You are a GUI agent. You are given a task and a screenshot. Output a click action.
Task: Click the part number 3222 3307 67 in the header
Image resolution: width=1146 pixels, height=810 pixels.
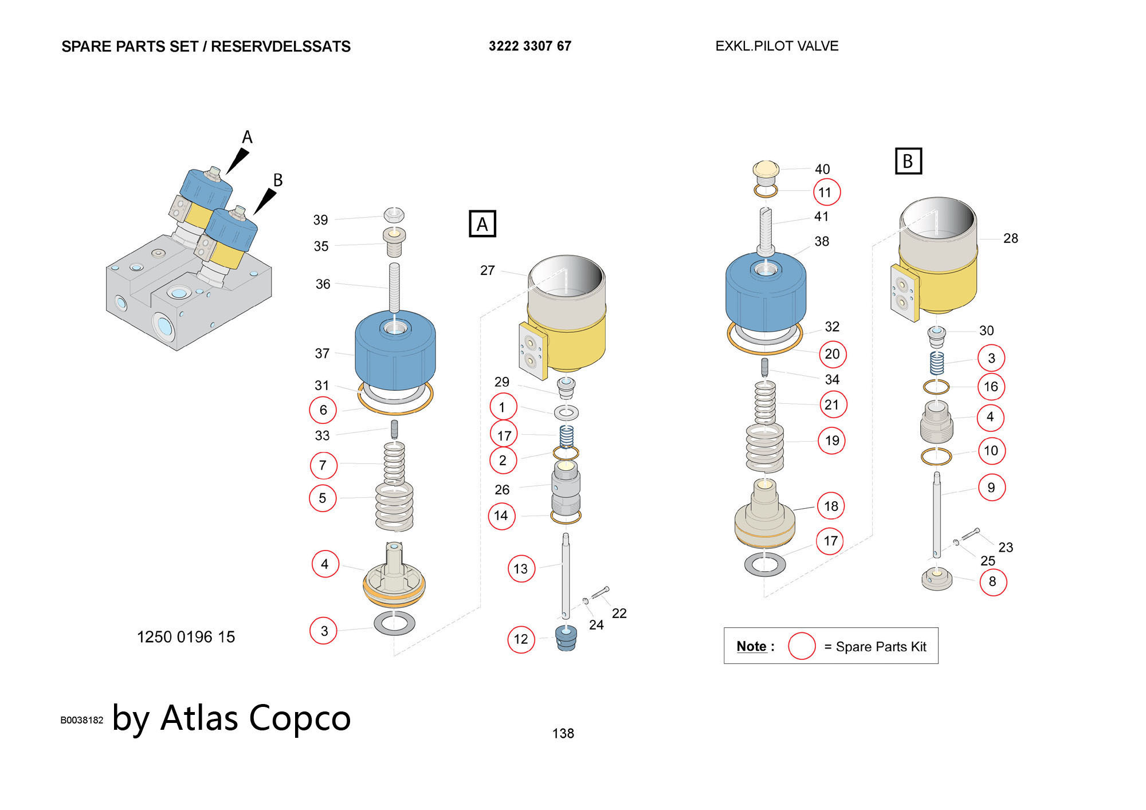tap(529, 46)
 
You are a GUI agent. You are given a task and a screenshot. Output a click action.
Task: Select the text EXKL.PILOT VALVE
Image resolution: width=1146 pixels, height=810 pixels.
tap(776, 46)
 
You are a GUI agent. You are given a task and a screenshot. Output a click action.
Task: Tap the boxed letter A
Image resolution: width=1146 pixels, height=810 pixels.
tap(482, 224)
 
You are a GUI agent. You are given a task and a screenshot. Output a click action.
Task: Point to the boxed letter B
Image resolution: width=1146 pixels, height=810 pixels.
tap(908, 161)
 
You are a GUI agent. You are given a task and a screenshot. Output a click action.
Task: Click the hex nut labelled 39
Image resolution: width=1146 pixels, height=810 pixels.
tap(394, 215)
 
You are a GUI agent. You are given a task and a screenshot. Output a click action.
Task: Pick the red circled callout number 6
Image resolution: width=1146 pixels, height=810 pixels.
tap(323, 410)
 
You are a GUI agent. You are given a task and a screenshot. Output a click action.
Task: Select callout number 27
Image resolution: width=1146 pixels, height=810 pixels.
tap(487, 270)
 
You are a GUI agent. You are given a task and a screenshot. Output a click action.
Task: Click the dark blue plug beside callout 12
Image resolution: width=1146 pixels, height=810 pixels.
tap(566, 638)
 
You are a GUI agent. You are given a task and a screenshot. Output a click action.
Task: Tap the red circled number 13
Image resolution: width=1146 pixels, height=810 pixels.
tap(521, 569)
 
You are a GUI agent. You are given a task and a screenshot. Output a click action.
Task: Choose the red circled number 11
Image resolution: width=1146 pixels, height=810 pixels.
tap(826, 192)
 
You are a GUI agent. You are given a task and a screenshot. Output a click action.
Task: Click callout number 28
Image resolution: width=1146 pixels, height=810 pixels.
tap(1010, 238)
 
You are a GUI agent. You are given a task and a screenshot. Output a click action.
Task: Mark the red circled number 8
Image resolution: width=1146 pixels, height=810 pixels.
tap(992, 581)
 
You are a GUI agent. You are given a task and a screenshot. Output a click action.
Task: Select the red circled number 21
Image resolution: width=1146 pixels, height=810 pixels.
tap(832, 405)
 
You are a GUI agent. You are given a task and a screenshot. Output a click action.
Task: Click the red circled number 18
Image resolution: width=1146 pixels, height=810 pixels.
tap(831, 506)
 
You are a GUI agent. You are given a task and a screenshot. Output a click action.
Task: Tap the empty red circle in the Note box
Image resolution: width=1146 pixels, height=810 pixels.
tap(801, 646)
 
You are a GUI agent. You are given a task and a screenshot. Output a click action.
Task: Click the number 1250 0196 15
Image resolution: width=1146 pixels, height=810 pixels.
tap(186, 637)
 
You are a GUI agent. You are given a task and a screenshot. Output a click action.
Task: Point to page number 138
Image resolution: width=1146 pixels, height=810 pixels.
tap(563, 733)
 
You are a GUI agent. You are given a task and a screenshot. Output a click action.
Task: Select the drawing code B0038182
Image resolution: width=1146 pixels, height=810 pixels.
tap(82, 721)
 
